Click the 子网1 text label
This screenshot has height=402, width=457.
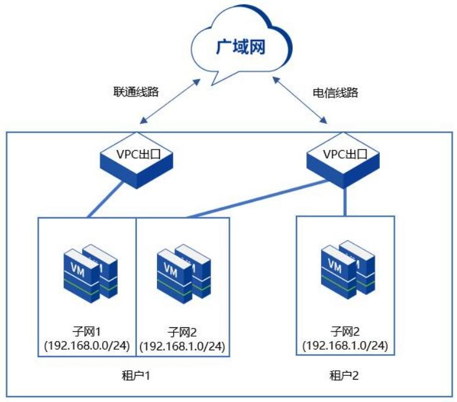pos(86,330)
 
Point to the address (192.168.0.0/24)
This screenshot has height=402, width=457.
pos(86,344)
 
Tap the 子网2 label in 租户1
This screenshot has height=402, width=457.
pos(182,330)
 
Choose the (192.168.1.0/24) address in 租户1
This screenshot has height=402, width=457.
pos(182,344)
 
